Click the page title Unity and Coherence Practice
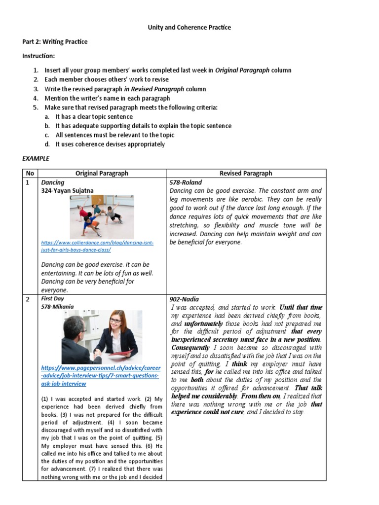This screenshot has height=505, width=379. [x=189, y=28]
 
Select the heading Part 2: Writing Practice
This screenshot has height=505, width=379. [x=55, y=42]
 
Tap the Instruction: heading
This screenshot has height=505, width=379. [x=38, y=56]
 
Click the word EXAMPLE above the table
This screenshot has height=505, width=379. [x=36, y=159]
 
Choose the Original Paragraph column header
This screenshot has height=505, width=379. [x=102, y=173]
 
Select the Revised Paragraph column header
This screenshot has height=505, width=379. [x=245, y=173]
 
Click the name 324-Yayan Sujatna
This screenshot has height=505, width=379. [x=67, y=190]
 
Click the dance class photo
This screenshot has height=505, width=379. [x=102, y=216]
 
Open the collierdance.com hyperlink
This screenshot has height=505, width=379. [x=98, y=246]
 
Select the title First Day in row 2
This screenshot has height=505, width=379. [x=52, y=299]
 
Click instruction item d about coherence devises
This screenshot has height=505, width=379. [x=110, y=144]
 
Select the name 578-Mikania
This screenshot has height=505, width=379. [x=57, y=307]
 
